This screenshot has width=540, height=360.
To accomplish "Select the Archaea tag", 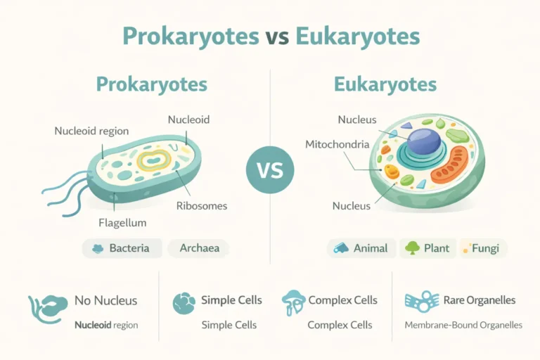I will click(x=198, y=248).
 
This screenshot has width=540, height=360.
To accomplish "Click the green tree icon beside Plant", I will click(x=412, y=248).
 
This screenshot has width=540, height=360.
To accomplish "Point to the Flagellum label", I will click(x=122, y=223).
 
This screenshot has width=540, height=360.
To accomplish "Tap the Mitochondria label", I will click(x=337, y=144).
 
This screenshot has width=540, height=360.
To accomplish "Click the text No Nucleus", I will click(x=105, y=301).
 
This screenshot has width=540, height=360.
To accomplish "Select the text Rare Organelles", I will click(x=479, y=301).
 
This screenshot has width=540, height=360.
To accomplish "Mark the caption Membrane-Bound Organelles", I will click(x=463, y=326).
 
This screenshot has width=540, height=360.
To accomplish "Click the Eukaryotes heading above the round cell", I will click(x=385, y=85).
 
